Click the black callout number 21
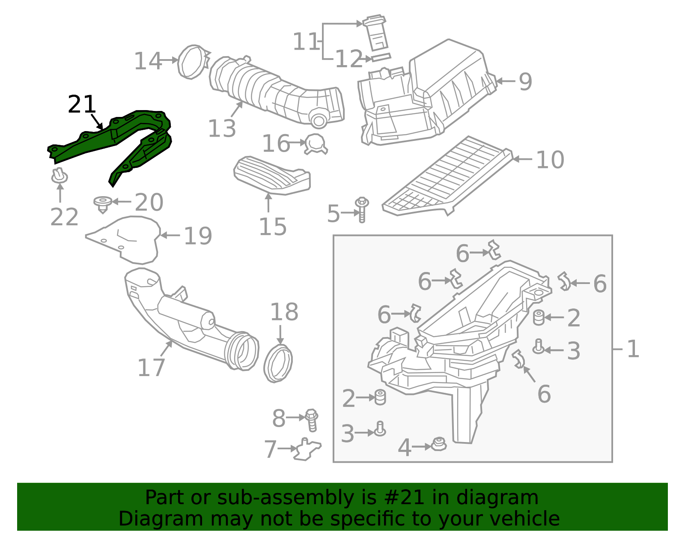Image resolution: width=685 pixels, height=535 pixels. [82, 105]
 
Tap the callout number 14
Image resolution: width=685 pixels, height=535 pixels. [148, 61]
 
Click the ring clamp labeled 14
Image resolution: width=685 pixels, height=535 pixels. [193, 62]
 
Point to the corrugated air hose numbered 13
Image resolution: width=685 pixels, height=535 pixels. [274, 91]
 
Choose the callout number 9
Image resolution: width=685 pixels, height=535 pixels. [525, 82]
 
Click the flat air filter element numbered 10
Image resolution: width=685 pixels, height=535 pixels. [447, 176]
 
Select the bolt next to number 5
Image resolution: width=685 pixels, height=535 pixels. [362, 209]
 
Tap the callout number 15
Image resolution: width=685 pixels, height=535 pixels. [273, 227]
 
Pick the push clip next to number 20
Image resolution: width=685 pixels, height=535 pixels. [103, 204]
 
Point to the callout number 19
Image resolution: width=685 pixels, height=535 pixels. [198, 236]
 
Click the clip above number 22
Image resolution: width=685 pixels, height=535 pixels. [59, 176]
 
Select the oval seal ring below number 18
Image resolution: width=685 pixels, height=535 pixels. [278, 364]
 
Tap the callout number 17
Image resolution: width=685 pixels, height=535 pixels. [151, 368]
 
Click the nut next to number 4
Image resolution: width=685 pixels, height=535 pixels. [438, 444]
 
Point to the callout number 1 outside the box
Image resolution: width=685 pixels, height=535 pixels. [633, 349]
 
